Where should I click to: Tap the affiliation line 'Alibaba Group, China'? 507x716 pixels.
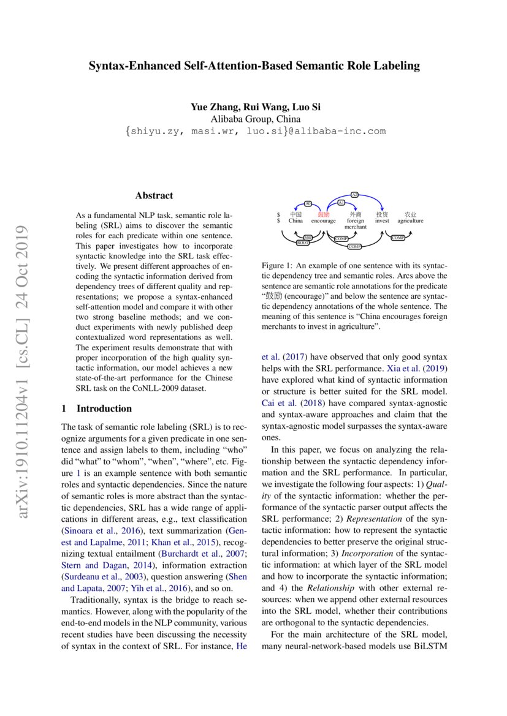(253, 119)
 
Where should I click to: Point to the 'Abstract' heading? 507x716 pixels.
(154, 196)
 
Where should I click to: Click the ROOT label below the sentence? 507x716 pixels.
(303, 243)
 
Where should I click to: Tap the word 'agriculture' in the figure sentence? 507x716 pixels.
(410, 221)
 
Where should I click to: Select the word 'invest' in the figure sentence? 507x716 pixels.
(382, 221)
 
